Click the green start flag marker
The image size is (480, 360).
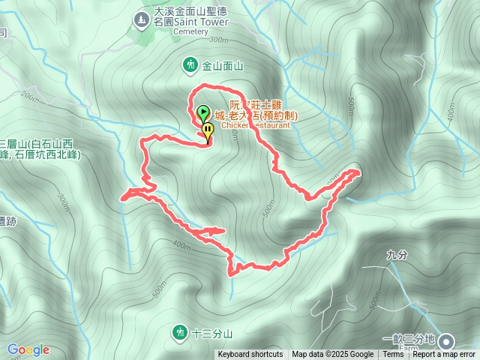(x=203, y=114)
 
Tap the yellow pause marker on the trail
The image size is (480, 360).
(x=208, y=130)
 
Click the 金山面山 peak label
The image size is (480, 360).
(x=223, y=66)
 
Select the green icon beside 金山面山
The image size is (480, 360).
(x=190, y=65)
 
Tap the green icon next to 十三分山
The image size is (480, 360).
(x=179, y=331)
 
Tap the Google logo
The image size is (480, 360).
(x=28, y=349)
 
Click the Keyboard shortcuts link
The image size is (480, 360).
(x=250, y=355)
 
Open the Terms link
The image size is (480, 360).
(x=393, y=355)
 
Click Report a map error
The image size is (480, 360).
(x=444, y=355)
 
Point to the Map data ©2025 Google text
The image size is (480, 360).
(x=332, y=355)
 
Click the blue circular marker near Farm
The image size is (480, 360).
(x=448, y=340)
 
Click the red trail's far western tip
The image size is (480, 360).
(x=121, y=199)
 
